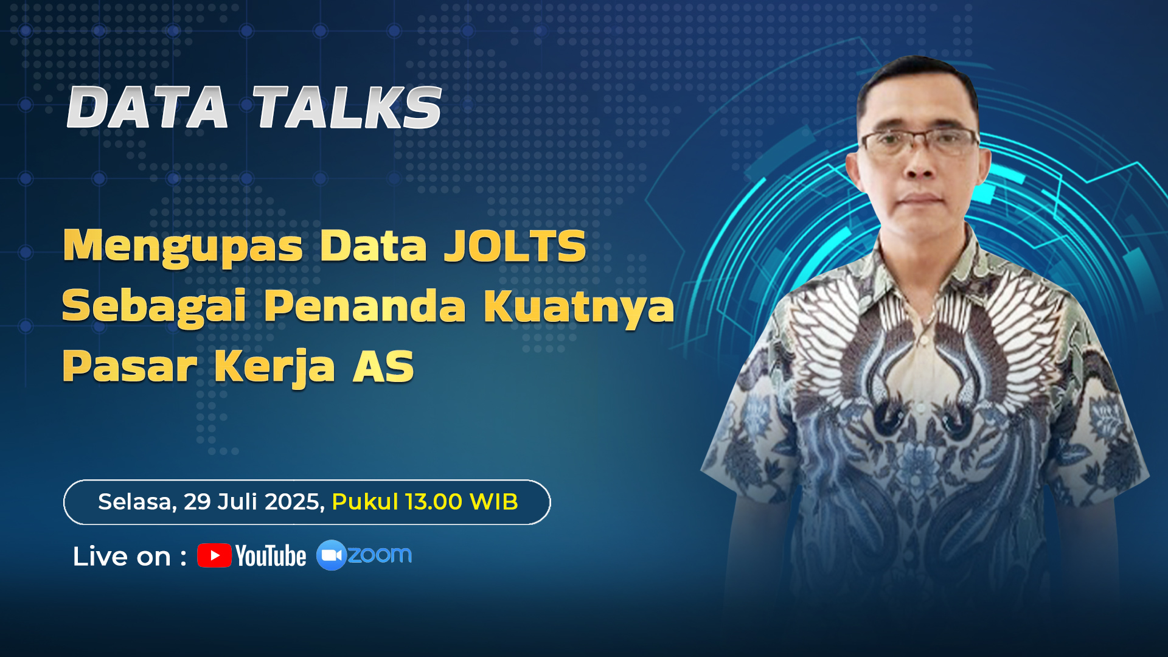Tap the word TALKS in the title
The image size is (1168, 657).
click(x=347, y=108)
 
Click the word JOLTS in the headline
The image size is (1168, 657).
click(x=515, y=246)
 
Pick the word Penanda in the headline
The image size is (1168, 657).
click(x=365, y=305)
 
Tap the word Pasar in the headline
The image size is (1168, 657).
click(x=130, y=366)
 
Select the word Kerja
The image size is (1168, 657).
click(x=274, y=367)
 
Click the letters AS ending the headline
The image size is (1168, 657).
click(x=383, y=366)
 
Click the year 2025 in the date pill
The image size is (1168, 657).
click(x=294, y=502)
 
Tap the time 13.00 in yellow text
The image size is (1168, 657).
click(x=434, y=502)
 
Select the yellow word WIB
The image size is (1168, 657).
click(x=493, y=502)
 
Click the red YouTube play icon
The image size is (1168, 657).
click(x=214, y=555)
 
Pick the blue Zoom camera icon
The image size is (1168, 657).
click(x=332, y=555)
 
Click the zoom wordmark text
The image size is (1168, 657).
click(x=380, y=555)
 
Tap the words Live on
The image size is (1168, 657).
click(x=122, y=557)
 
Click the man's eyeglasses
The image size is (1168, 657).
click(x=920, y=142)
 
